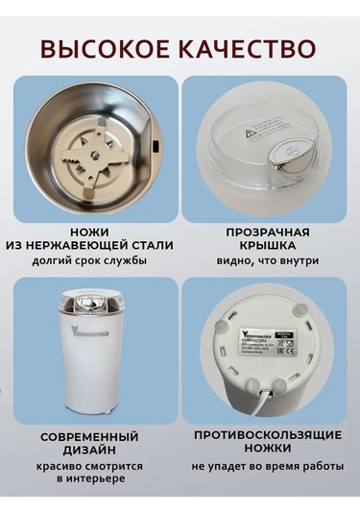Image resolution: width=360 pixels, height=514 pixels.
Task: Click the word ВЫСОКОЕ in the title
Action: [x=108, y=47]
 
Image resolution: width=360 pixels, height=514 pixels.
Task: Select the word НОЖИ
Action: [x=95, y=232]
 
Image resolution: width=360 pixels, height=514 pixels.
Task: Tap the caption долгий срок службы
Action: [x=95, y=260]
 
